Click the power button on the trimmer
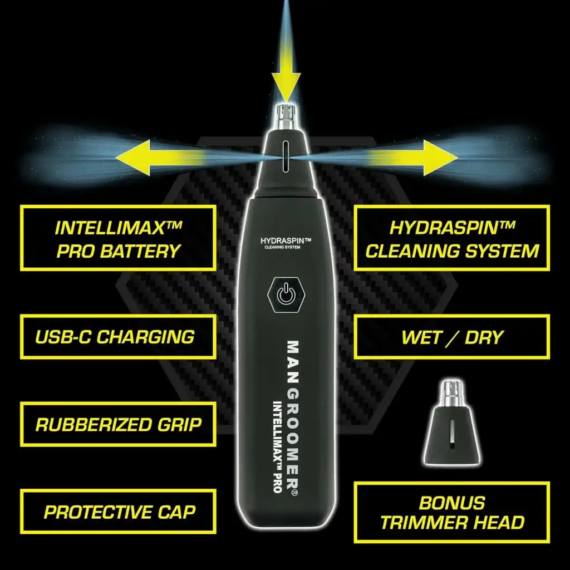(x=286, y=295)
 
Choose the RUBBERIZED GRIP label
(x=118, y=424)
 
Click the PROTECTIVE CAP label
(x=118, y=512)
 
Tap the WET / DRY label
(x=452, y=337)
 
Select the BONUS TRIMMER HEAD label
(x=452, y=513)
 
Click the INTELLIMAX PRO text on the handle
(x=277, y=447)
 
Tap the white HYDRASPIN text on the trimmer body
(x=286, y=240)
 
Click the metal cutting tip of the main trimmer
(x=286, y=116)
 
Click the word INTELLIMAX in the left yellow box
(x=118, y=228)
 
